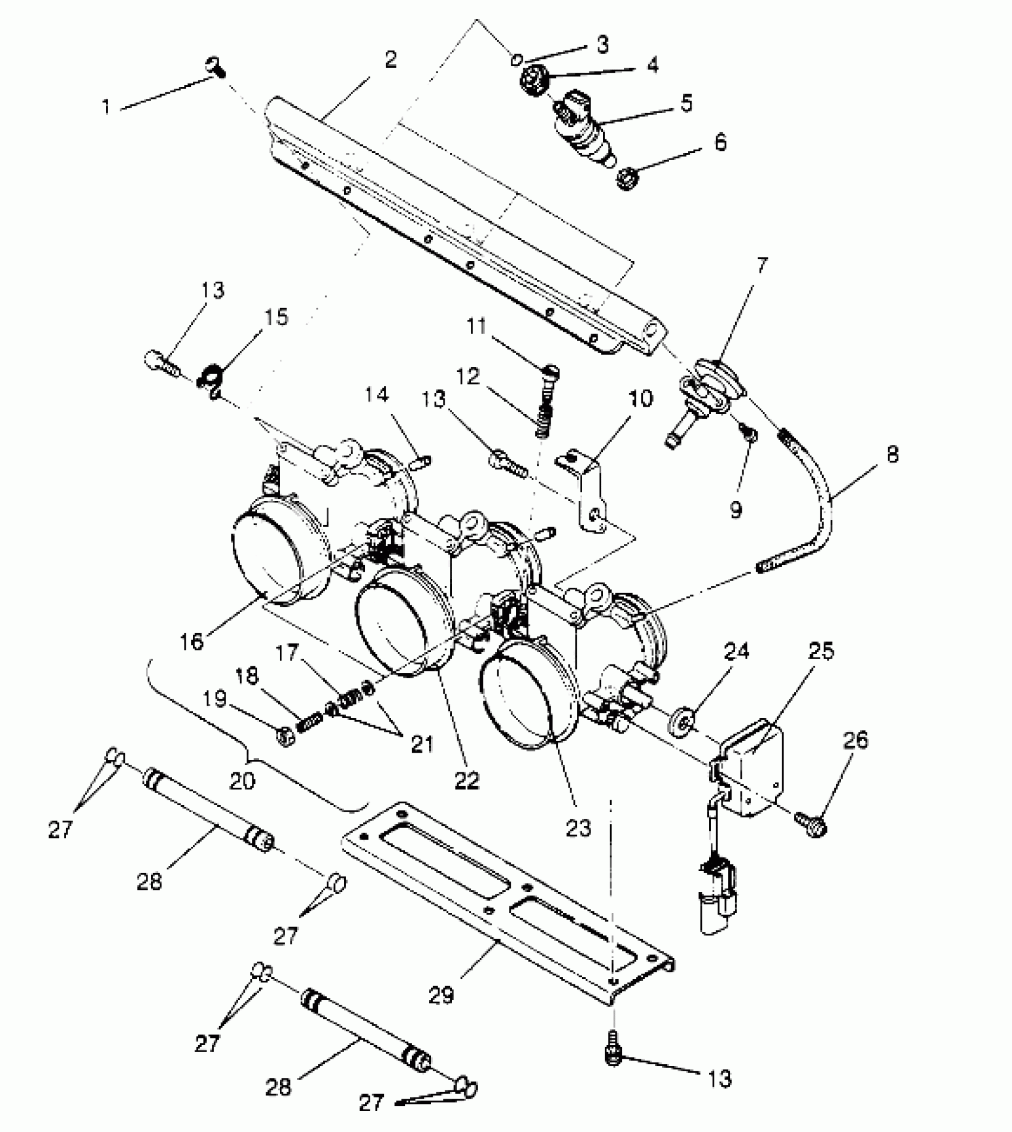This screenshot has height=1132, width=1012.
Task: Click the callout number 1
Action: click(107, 107)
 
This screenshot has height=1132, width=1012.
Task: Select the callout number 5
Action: click(686, 103)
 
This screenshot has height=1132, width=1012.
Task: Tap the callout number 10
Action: click(641, 399)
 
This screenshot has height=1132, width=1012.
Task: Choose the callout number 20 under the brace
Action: click(242, 781)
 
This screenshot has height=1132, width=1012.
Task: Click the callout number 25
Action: click(821, 651)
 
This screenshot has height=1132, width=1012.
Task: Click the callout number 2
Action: click(390, 60)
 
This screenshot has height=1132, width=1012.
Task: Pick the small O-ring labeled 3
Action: click(516, 60)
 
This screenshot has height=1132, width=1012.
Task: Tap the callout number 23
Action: click(578, 828)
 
